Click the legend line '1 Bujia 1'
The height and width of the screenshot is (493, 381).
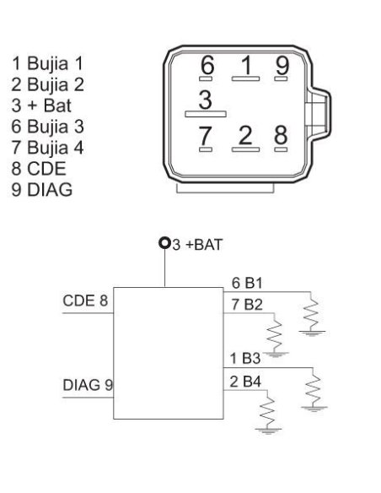(x=47, y=63)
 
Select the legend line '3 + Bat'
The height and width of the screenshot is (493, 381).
(x=41, y=106)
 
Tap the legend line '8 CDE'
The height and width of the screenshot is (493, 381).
(x=39, y=169)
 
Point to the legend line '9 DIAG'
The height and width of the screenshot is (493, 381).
(x=42, y=190)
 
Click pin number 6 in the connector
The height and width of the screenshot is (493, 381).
(x=207, y=65)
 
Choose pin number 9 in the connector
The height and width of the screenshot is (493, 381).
(x=282, y=66)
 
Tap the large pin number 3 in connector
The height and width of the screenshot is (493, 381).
(x=205, y=100)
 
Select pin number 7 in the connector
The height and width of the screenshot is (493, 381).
(x=205, y=136)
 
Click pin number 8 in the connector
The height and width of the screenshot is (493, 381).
(x=281, y=135)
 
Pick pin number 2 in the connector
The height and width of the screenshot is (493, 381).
(x=245, y=135)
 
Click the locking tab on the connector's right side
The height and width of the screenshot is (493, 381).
(x=318, y=114)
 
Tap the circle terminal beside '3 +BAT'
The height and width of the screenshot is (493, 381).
(x=164, y=243)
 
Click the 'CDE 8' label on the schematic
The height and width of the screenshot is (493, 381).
(x=85, y=301)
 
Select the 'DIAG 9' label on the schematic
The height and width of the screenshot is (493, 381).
(x=88, y=385)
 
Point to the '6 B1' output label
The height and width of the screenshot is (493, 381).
(x=247, y=283)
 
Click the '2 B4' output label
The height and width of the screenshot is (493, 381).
(x=245, y=382)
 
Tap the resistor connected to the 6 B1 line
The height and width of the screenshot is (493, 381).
(x=311, y=314)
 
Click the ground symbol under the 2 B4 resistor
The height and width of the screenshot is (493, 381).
(x=268, y=431)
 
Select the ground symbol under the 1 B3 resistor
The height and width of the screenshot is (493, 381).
(x=314, y=409)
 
